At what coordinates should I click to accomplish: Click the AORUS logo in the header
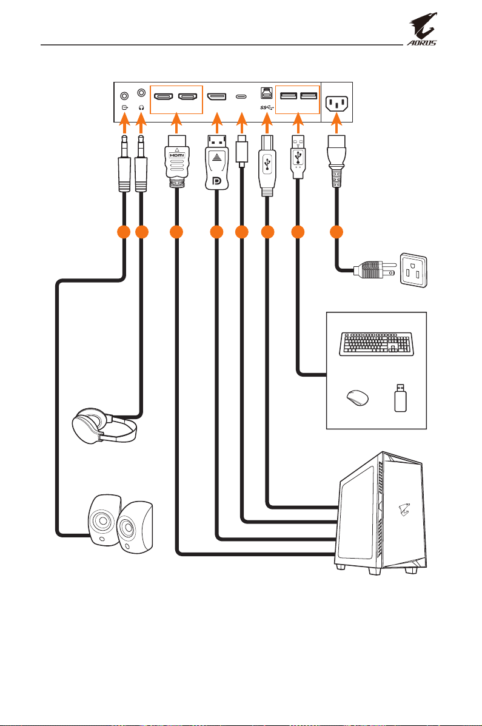click(x=422, y=30)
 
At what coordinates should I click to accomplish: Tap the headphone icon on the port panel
click(x=141, y=107)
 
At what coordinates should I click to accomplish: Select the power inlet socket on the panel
click(x=337, y=103)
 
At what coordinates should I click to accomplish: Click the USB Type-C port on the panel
click(x=241, y=97)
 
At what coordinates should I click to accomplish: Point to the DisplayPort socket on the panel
click(x=216, y=97)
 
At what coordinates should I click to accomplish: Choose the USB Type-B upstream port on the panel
click(x=266, y=93)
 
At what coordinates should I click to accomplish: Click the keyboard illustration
click(x=375, y=344)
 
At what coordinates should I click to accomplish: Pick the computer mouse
click(x=358, y=398)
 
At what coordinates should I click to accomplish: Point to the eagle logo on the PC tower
click(x=404, y=509)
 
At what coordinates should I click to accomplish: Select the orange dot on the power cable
click(x=336, y=232)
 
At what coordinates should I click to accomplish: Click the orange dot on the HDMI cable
click(x=176, y=232)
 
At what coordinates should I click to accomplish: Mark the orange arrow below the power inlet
click(x=337, y=123)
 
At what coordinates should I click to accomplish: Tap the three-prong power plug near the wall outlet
click(x=375, y=269)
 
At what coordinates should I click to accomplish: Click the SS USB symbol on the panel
click(x=267, y=107)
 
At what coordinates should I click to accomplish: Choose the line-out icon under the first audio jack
click(x=124, y=107)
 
